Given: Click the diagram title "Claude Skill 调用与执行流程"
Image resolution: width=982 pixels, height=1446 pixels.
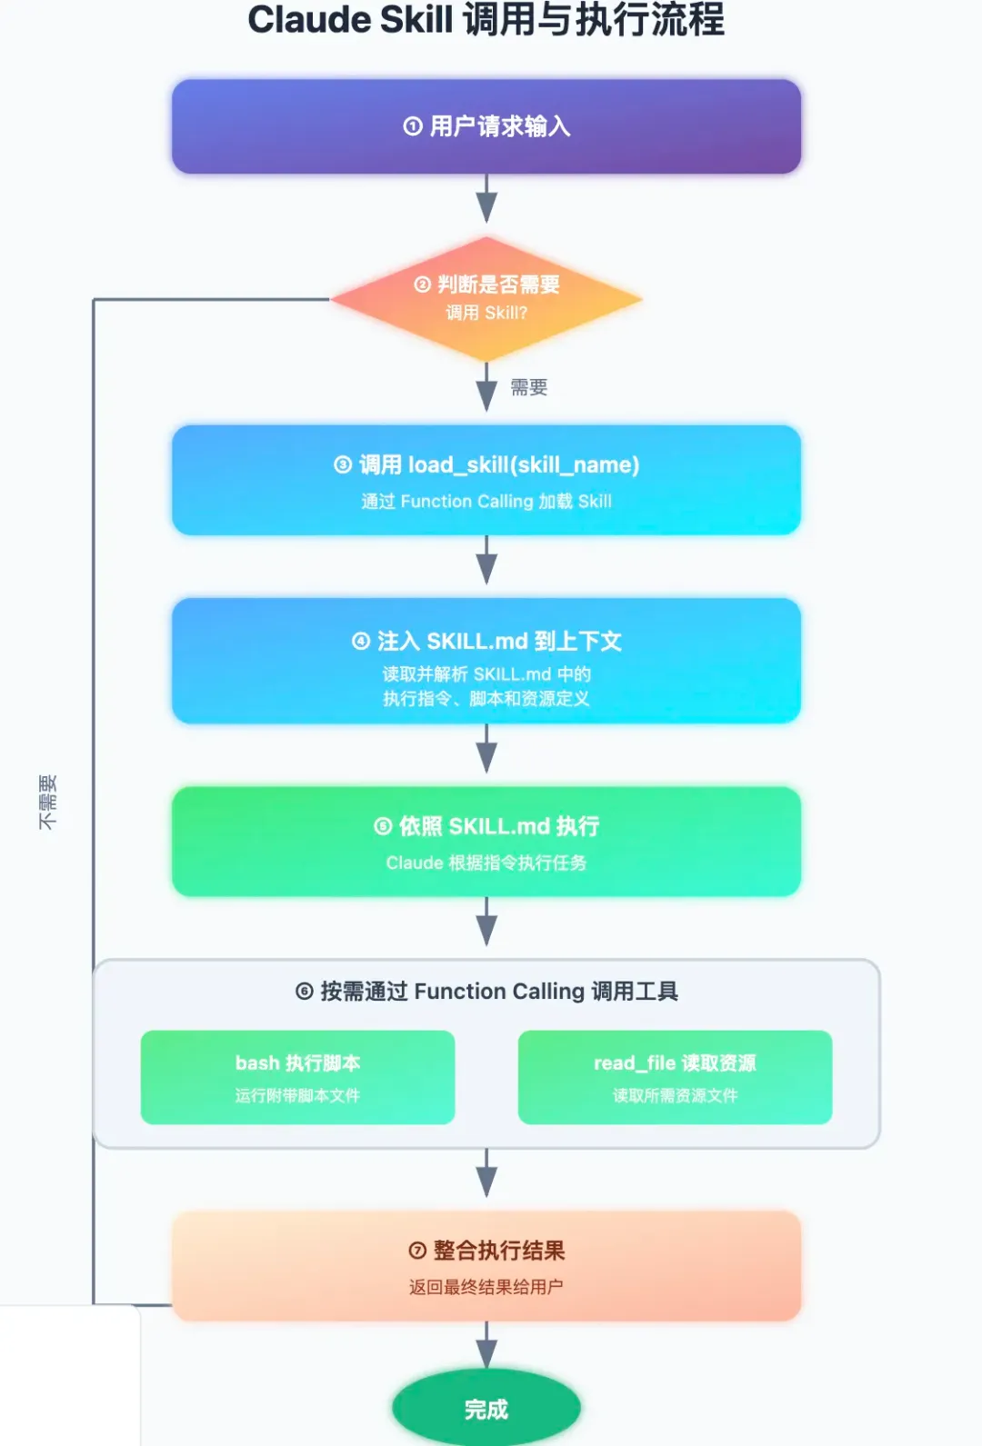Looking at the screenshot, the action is (486, 20).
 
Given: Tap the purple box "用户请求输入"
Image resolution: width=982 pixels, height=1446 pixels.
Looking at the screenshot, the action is (486, 126).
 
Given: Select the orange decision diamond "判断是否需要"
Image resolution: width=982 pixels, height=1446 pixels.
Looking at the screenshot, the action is (486, 298).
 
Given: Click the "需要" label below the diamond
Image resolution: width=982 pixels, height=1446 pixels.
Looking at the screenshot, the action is (528, 388).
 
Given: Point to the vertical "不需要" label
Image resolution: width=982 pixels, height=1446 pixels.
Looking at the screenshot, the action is (47, 802).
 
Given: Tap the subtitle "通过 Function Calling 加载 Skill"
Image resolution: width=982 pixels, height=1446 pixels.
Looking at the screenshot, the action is (486, 502).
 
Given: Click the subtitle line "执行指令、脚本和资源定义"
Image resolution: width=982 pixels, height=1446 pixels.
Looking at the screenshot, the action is (486, 699).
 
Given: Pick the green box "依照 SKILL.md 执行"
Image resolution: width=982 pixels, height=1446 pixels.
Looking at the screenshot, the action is (486, 841).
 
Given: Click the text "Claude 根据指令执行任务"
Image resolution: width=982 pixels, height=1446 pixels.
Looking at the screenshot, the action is (486, 863).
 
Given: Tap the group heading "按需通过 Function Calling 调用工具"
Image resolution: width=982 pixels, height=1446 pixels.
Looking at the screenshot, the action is (486, 992).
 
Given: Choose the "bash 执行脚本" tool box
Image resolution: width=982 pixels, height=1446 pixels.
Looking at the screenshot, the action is (297, 1077).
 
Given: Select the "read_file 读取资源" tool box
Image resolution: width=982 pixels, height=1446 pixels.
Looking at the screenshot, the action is (675, 1077).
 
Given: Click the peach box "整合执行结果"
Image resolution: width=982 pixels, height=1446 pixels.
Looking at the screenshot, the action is (486, 1265).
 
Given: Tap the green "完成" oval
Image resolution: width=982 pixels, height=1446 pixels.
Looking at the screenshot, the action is (486, 1409).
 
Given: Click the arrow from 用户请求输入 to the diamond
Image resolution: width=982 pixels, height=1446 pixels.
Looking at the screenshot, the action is (486, 200).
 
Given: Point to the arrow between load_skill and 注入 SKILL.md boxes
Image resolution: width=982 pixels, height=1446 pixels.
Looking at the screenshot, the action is (486, 562).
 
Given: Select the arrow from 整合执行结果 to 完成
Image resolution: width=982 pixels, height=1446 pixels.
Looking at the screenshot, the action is (486, 1345).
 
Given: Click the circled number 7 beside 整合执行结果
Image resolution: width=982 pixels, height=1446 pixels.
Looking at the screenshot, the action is (417, 1252).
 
